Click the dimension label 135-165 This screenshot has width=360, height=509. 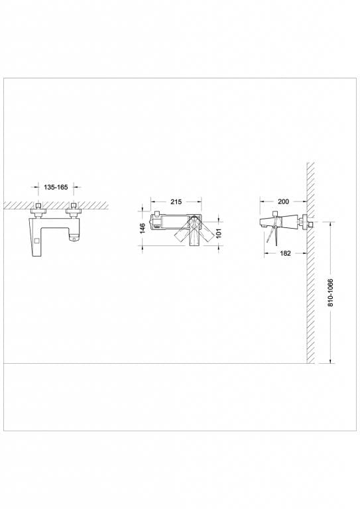tap(56, 188)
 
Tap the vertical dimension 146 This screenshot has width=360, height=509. tap(141, 229)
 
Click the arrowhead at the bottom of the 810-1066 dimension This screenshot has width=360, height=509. tap(330, 362)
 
